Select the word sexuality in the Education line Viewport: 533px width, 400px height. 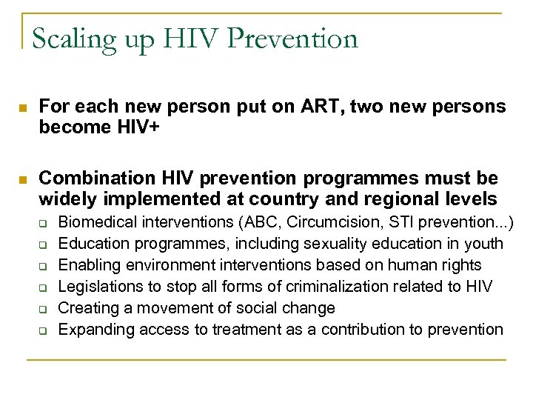click(347, 244)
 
